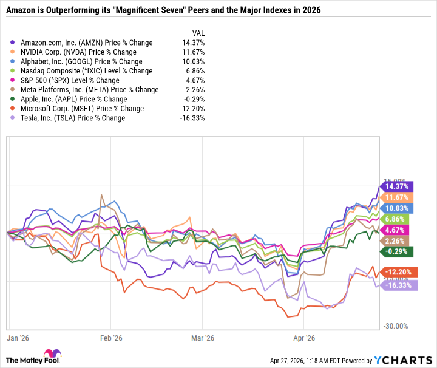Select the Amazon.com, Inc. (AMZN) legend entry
pyautogui.click(x=86, y=43)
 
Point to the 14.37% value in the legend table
pyautogui.click(x=194, y=43)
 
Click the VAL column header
pyautogui.click(x=198, y=33)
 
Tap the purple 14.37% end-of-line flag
pyautogui.click(x=397, y=187)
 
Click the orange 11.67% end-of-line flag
pyautogui.click(x=397, y=197)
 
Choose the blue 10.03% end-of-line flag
pyautogui.click(x=397, y=208)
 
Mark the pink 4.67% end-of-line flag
pyautogui.click(x=397, y=230)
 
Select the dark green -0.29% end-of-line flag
pyautogui.click(x=397, y=251)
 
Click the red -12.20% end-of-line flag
pyautogui.click(x=397, y=273)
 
